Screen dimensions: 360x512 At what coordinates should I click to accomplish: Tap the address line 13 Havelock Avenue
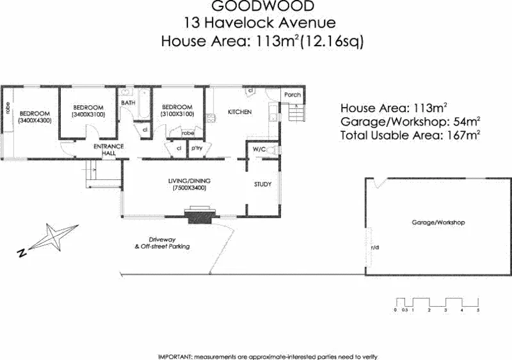(259, 23)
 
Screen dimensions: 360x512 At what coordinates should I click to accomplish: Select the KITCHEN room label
(240, 113)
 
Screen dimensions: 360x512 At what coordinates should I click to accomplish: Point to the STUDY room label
(262, 184)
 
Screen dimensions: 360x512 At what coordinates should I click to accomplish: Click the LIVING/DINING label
(189, 181)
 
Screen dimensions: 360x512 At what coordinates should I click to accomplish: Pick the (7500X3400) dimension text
(189, 188)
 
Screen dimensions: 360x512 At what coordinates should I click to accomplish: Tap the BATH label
(128, 103)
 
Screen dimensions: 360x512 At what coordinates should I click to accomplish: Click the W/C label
(259, 150)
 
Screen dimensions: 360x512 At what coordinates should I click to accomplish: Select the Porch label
(292, 95)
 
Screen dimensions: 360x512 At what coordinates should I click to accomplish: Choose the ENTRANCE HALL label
(108, 150)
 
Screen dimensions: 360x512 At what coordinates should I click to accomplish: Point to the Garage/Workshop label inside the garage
(438, 223)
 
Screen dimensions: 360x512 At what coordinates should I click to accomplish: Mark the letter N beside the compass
(22, 254)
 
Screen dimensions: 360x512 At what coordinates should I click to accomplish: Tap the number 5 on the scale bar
(478, 310)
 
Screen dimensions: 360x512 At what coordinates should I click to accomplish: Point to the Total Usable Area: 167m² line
(410, 135)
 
